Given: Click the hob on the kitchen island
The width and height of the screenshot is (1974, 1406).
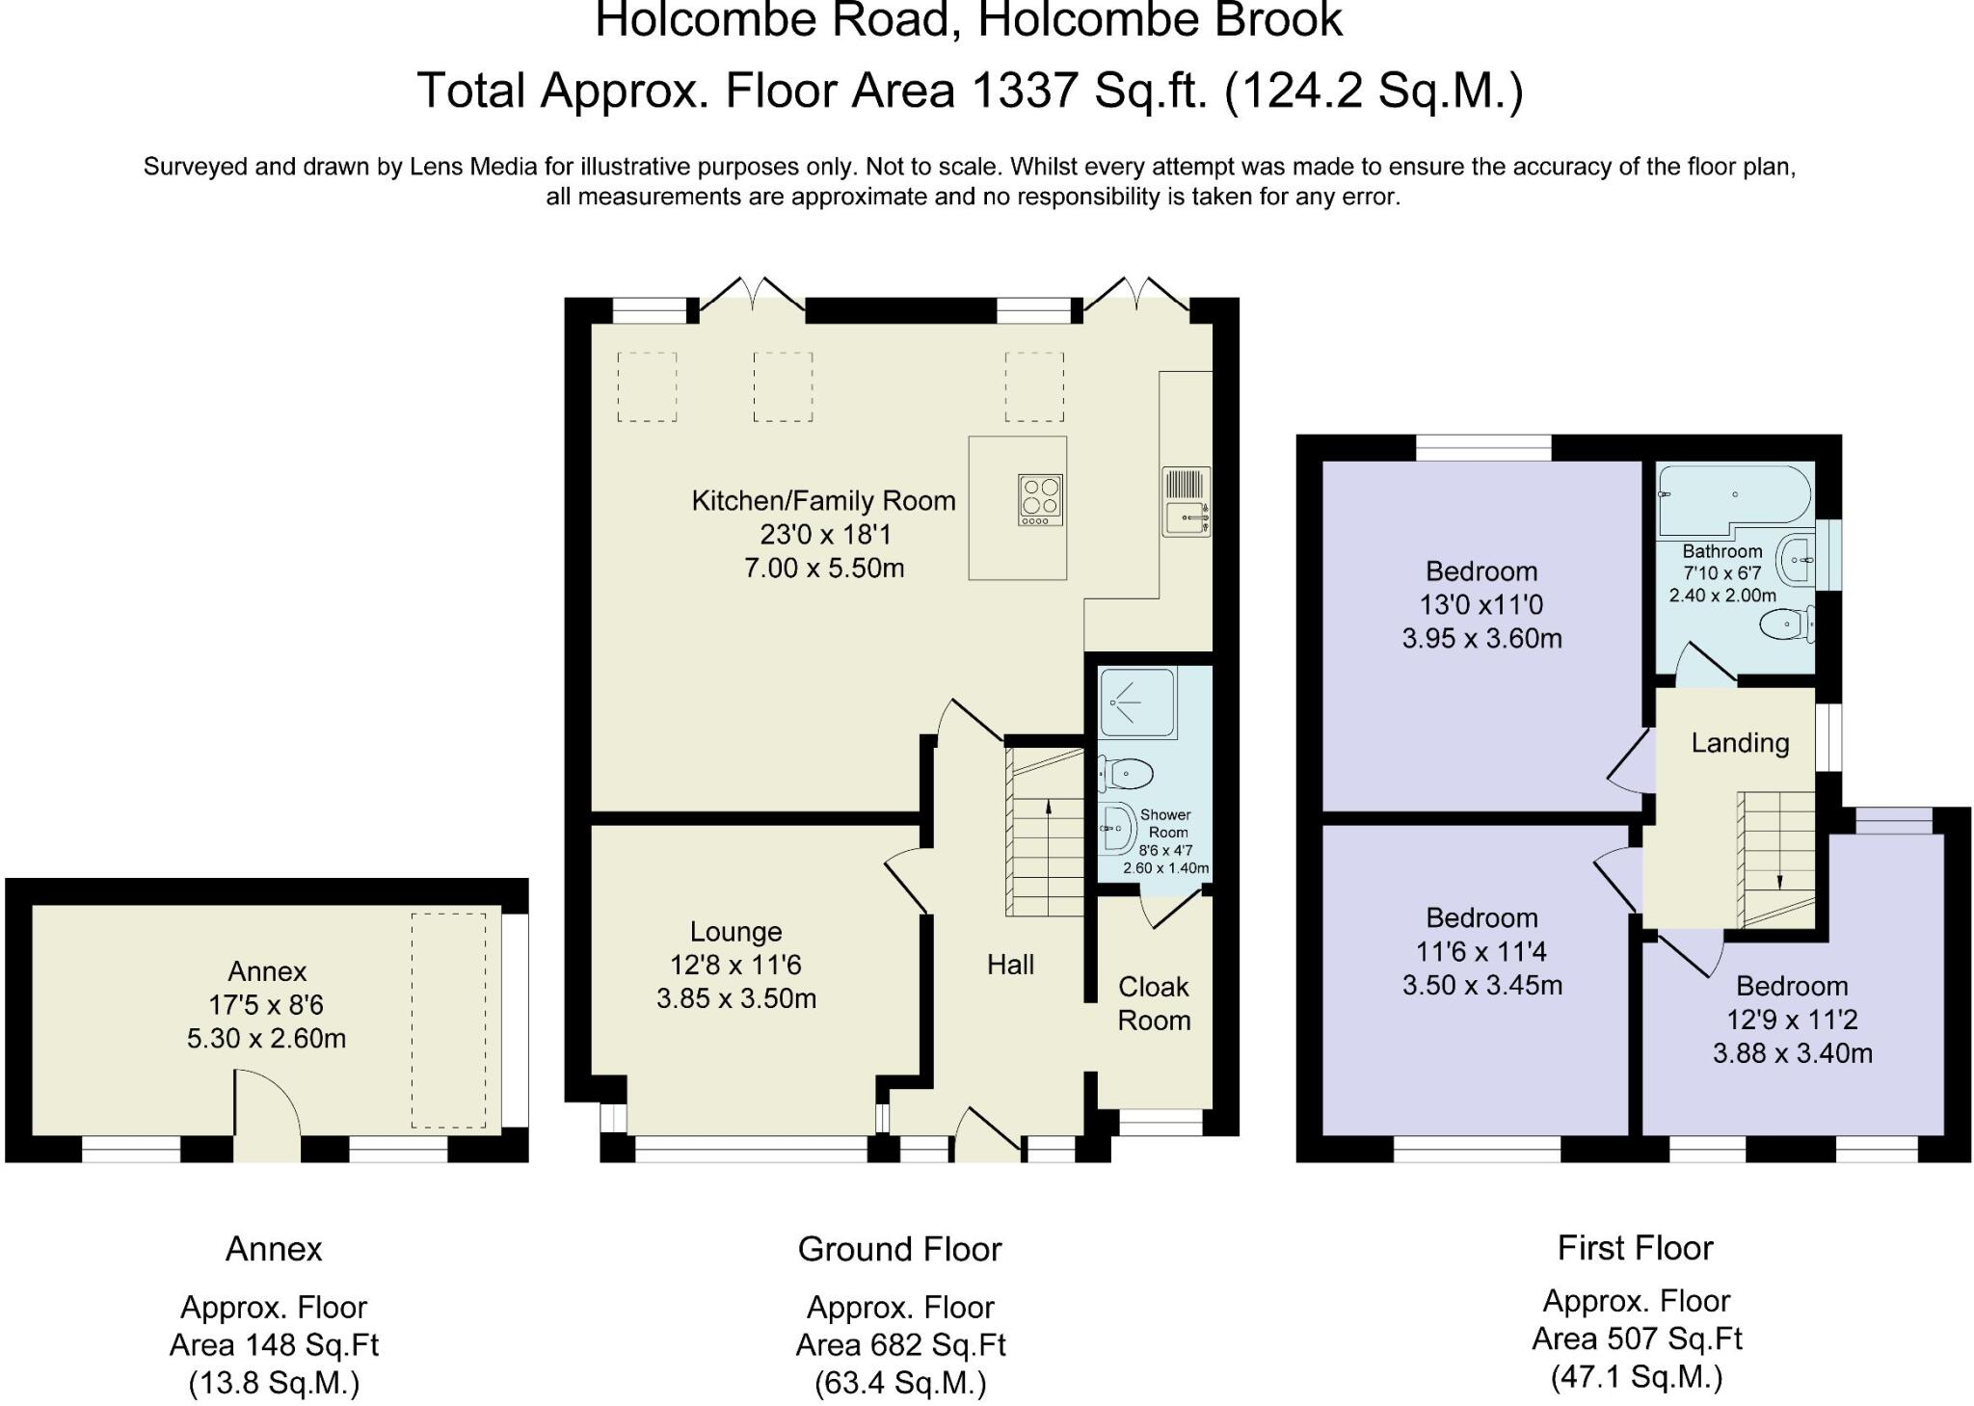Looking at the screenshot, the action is [1041, 500].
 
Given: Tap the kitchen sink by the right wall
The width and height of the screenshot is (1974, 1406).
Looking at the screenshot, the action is [1187, 501].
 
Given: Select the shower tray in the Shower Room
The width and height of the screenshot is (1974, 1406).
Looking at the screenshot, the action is [1137, 703].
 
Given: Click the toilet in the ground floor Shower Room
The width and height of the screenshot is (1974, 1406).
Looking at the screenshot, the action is [1125, 773].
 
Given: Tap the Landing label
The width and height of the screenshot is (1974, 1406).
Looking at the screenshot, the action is [1740, 743].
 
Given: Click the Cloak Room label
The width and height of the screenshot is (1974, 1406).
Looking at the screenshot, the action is [1154, 1003].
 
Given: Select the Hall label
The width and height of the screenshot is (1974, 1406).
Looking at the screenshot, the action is [1010, 965].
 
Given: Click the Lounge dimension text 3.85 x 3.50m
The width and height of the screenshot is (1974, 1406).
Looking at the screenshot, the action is [736, 998].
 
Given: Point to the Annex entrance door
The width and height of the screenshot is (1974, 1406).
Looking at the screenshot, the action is [267, 1115].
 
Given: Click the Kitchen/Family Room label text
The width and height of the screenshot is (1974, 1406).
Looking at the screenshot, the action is [824, 501].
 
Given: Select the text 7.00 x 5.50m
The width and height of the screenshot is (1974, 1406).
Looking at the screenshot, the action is [824, 568].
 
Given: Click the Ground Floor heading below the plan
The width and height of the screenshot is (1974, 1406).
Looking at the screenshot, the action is [899, 1249].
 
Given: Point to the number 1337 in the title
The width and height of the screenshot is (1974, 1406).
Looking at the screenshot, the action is [1024, 91].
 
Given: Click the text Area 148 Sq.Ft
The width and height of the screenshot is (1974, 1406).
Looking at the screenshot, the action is [274, 1344].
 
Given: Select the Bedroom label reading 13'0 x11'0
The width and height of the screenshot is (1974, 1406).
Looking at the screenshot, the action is [1481, 605].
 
